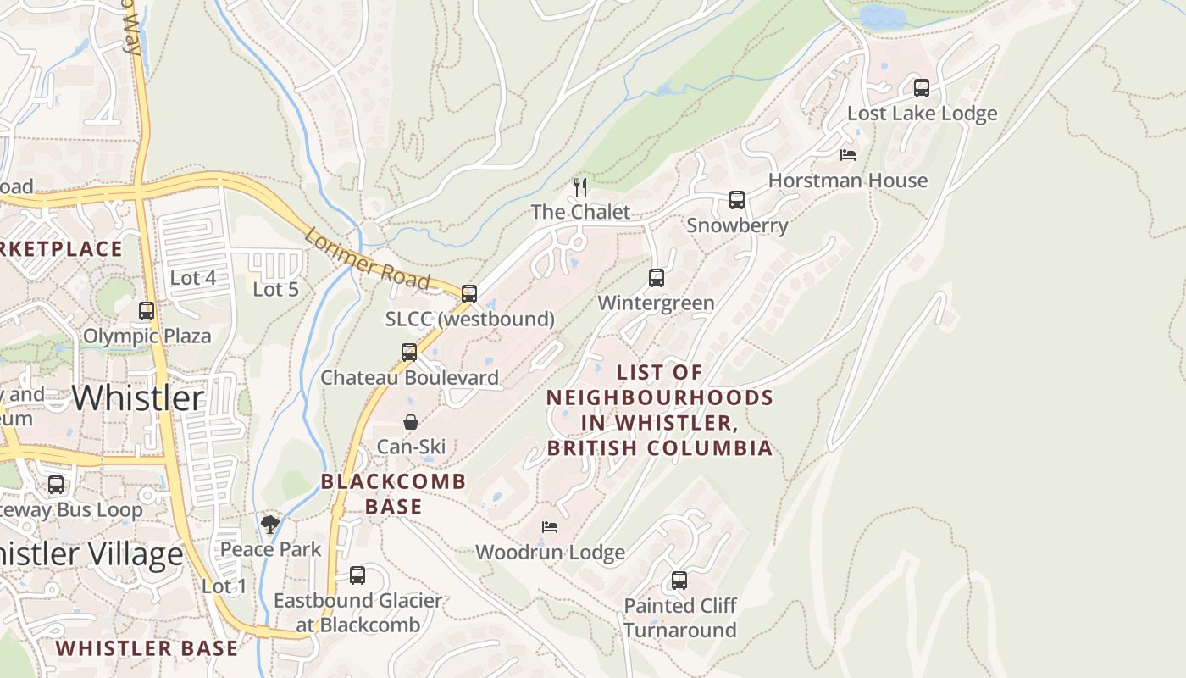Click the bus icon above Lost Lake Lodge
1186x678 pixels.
click(921, 87)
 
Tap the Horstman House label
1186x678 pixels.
click(847, 181)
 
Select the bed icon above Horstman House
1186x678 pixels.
click(847, 155)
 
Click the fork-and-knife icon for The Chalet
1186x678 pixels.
click(580, 186)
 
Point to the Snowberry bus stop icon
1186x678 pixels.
click(737, 200)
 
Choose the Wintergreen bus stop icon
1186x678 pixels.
click(656, 277)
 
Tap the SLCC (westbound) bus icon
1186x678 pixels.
click(469, 293)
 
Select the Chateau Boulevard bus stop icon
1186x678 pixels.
click(409, 352)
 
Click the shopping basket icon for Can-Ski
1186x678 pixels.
click(411, 421)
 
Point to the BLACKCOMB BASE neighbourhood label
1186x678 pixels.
click(394, 494)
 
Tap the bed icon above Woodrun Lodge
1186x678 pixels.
click(550, 527)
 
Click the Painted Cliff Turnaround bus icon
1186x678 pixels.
click(679, 581)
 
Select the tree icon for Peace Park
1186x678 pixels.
click(270, 525)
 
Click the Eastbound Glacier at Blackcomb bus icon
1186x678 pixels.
click(357, 575)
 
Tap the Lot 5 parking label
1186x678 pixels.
click(276, 289)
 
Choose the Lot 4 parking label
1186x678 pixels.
click(193, 278)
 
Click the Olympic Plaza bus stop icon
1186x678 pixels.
click(147, 311)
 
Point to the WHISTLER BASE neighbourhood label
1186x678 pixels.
click(147, 648)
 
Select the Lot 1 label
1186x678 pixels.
click(224, 586)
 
